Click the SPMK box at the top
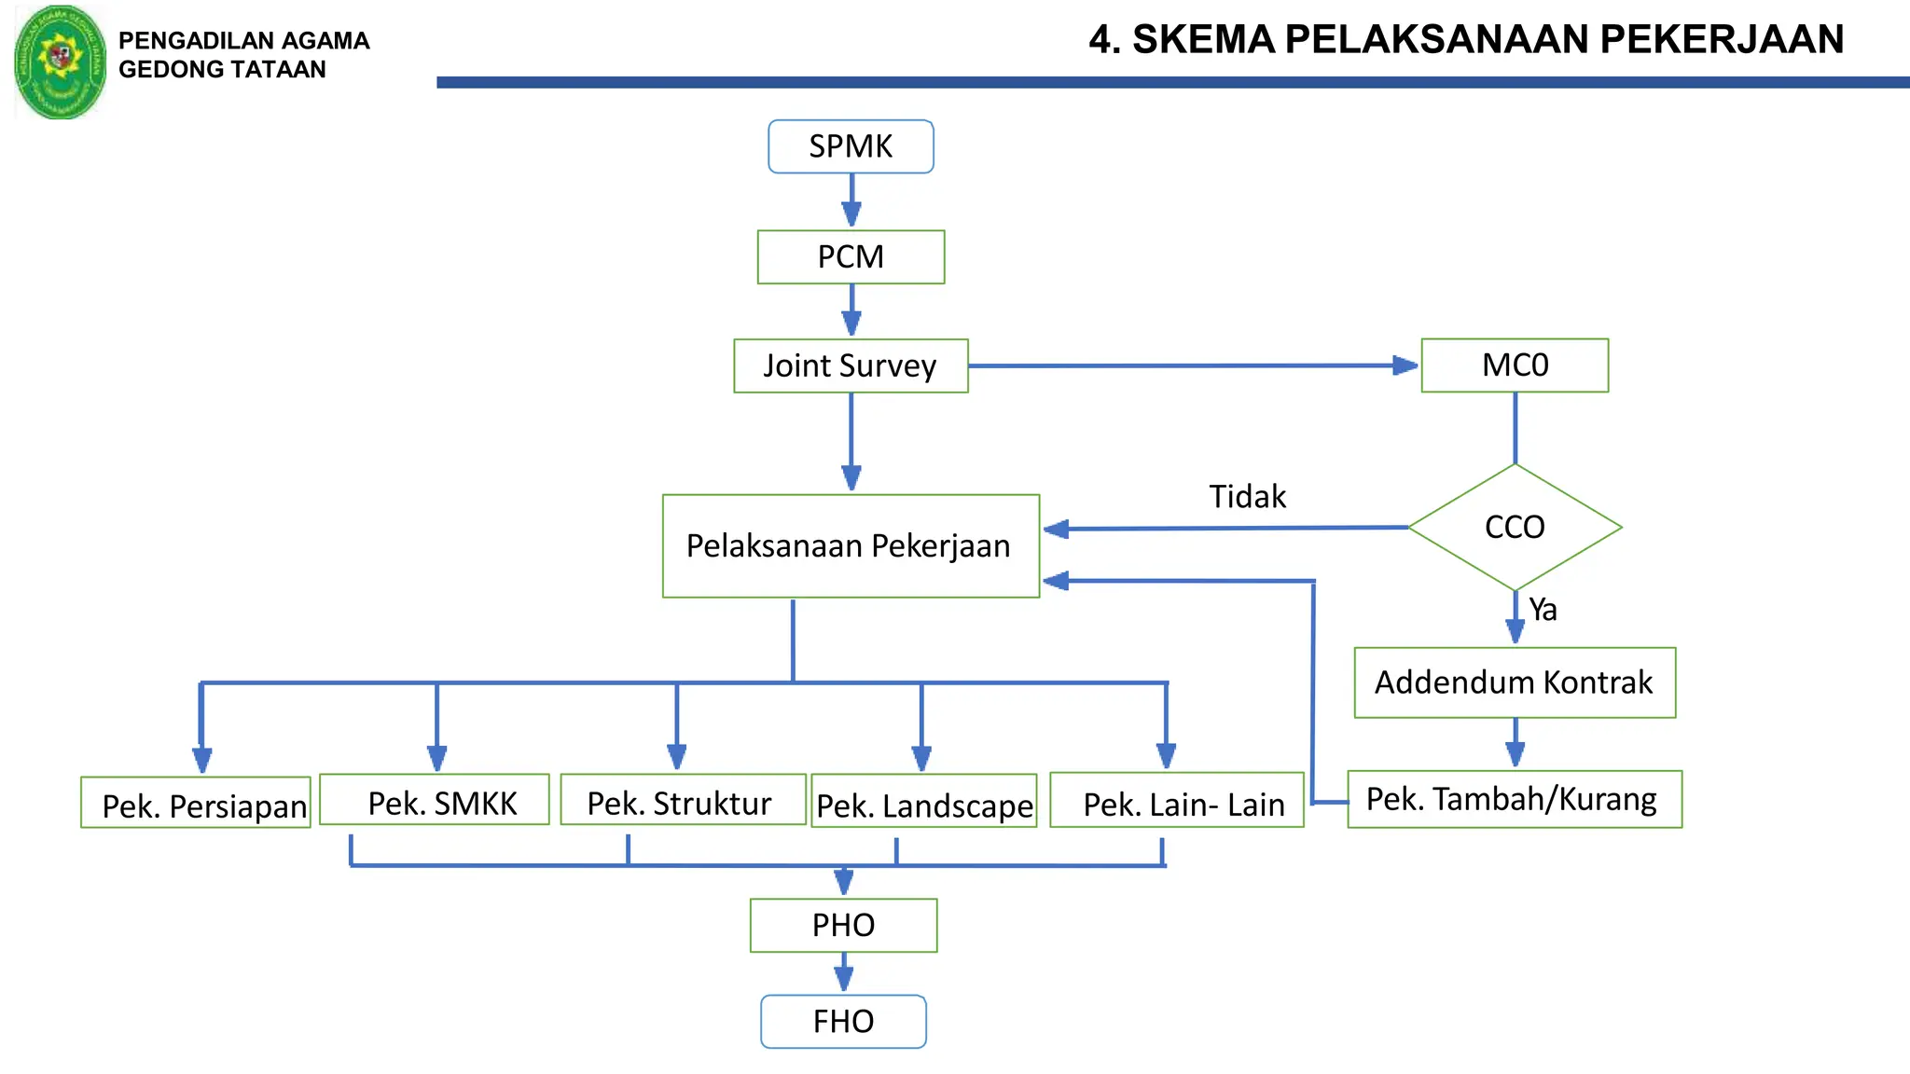coord(851,146)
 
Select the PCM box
coord(851,256)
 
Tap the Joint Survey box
coord(851,365)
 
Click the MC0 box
coord(1515,365)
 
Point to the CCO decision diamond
coord(1515,527)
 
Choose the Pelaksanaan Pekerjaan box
coord(851,545)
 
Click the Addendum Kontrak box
coord(1515,682)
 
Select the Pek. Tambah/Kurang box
coord(1515,799)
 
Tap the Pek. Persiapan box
coord(196,803)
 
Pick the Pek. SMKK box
coord(435,800)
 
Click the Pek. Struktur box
coord(683,800)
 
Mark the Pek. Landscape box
coord(924,802)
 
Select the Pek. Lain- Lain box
coord(1177,800)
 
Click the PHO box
coord(843,925)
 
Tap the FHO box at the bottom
coord(843,1021)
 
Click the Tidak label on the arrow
coord(1247,497)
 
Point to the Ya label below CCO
coord(1543,610)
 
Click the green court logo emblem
coord(61,62)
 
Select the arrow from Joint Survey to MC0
coord(1194,365)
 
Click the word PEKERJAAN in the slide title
coord(1722,39)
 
